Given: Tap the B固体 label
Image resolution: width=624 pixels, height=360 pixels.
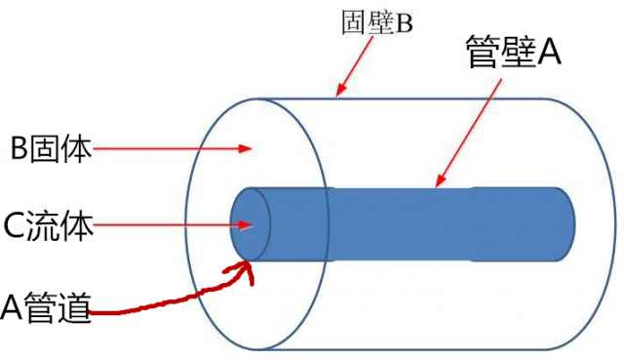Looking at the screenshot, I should [x=51, y=149].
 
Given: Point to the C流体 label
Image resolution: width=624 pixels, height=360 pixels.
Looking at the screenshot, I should [x=50, y=226].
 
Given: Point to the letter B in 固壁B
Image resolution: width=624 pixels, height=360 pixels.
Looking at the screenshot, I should [x=405, y=22].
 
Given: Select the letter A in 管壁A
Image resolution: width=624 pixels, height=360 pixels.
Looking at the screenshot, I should [x=549, y=51].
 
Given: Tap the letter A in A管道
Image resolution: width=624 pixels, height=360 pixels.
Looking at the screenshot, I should [x=12, y=310].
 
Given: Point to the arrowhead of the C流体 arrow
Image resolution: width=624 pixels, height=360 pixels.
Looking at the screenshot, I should [x=249, y=225].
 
